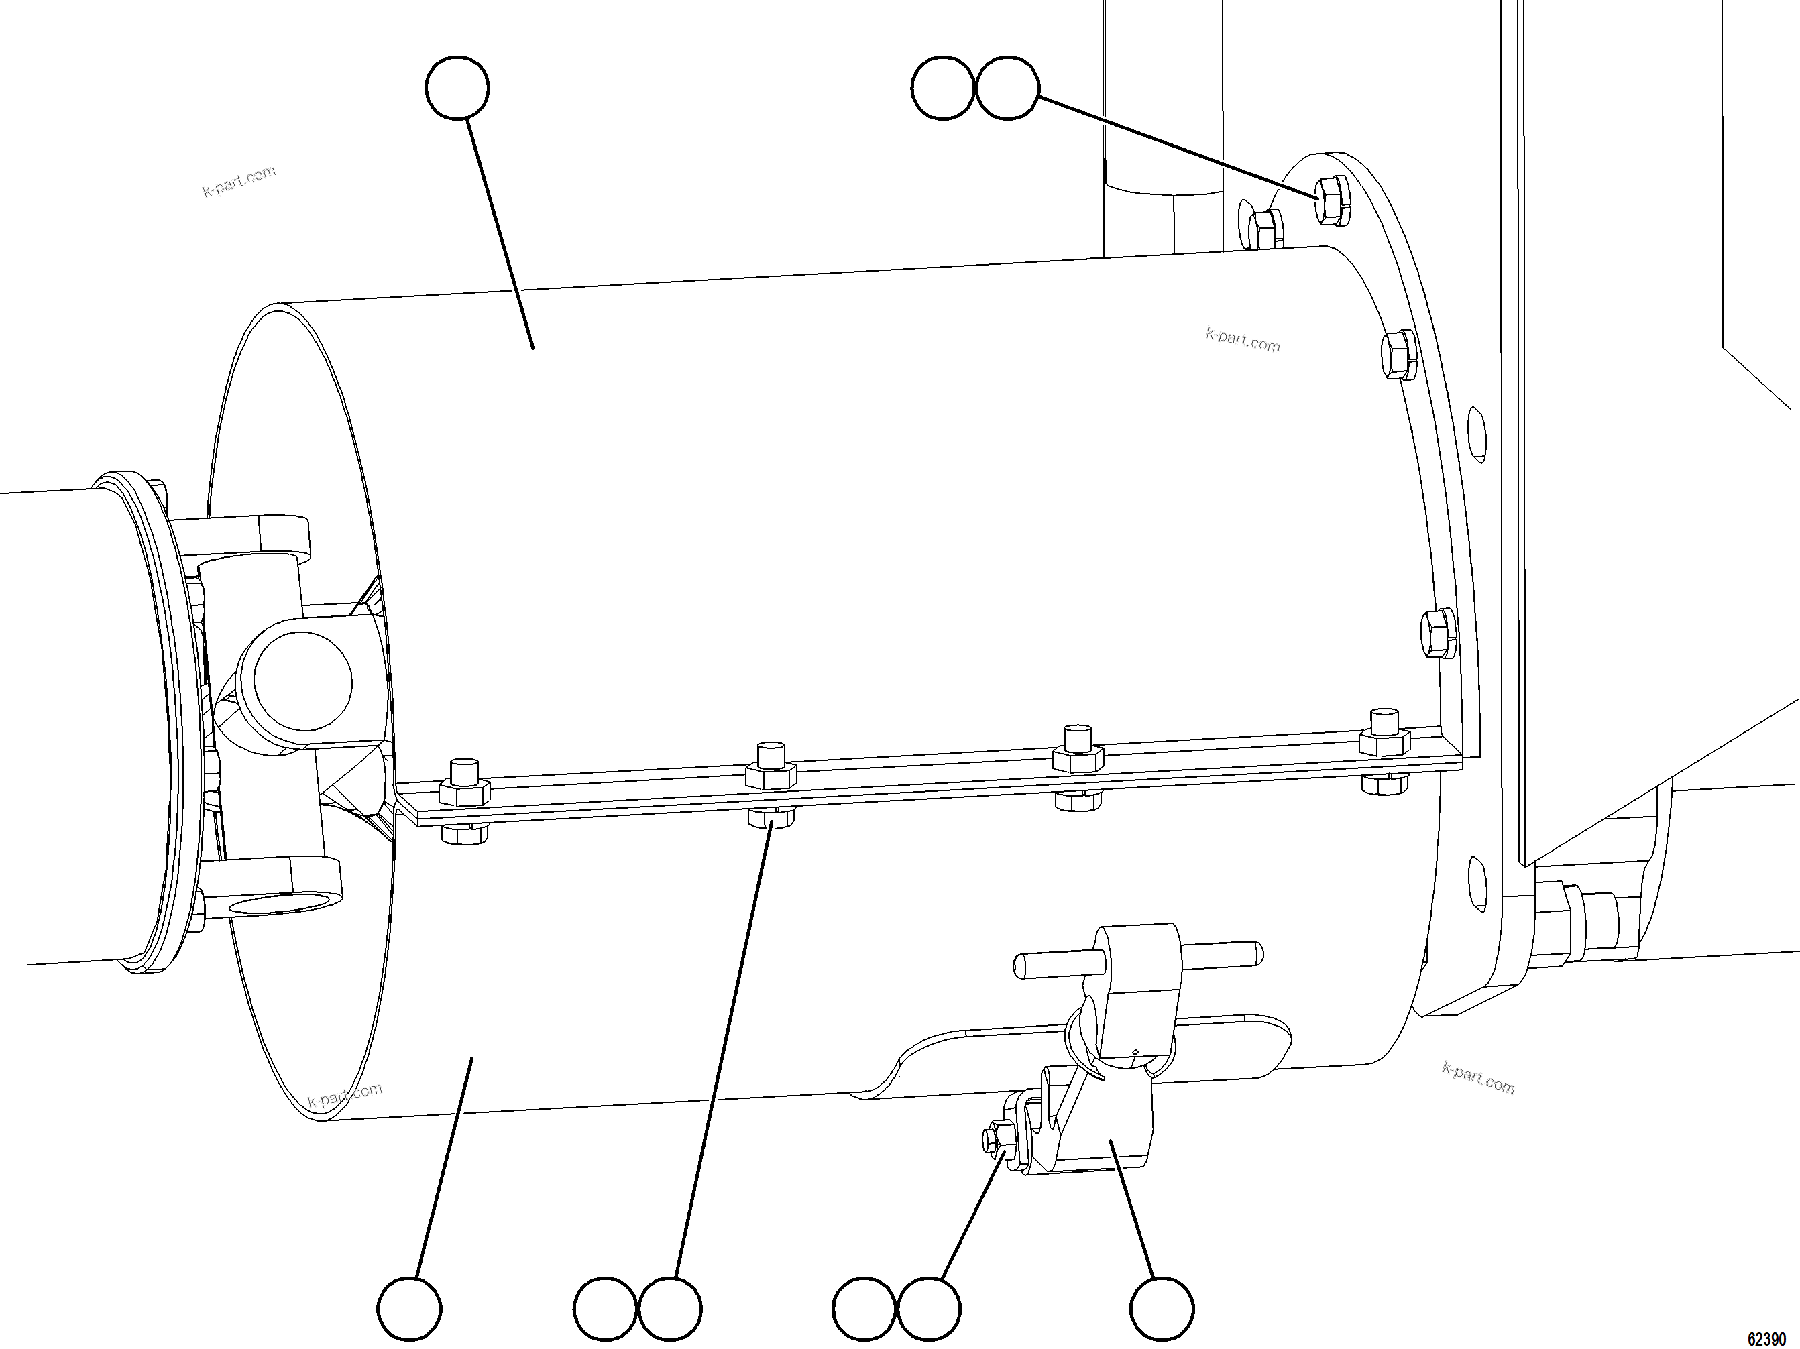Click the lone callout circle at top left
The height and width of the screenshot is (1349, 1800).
(x=457, y=88)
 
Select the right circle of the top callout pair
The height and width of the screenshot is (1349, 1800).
(x=1007, y=88)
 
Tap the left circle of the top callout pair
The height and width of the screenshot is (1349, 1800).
(x=942, y=88)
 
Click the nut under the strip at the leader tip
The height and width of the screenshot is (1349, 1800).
(x=770, y=817)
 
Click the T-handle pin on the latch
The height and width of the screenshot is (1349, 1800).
(x=1137, y=960)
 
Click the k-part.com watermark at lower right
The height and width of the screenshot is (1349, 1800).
(x=1478, y=1078)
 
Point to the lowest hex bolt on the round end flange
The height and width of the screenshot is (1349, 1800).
(x=1438, y=632)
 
